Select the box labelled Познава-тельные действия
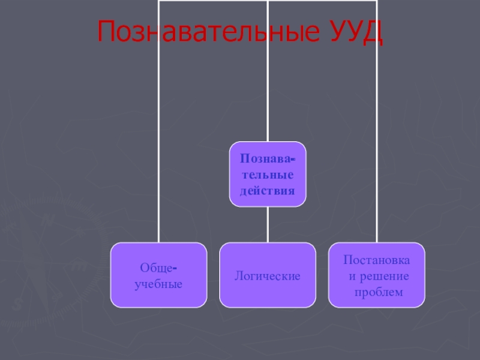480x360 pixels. pos(268,175)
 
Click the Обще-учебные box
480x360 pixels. pos(158,275)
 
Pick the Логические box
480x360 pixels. pos(268,275)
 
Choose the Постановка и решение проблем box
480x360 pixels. pos(377,275)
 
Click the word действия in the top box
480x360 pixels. pos(268,191)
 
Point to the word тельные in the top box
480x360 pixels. pos(268,175)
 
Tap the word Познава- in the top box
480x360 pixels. pos(268,159)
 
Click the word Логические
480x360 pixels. pos(268,276)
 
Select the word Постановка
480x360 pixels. pos(377,260)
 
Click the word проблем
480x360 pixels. pos(377,292)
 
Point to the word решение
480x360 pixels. pos(384,276)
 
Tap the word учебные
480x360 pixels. pos(158,283)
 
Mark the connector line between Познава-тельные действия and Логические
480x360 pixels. pos(268,224)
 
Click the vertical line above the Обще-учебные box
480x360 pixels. pos(159,150)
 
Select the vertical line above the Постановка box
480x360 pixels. pos(377,150)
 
